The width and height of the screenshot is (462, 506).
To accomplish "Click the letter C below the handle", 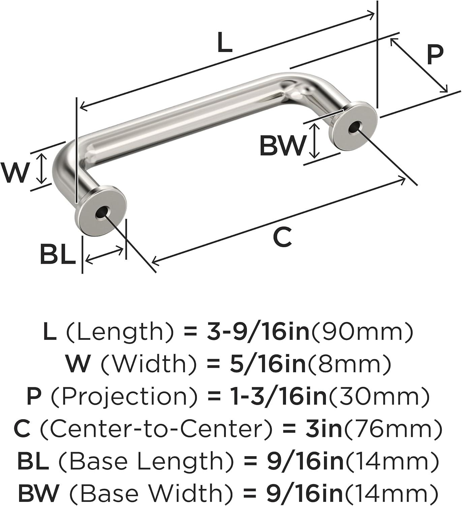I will (282, 237).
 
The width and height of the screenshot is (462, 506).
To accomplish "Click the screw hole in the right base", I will (353, 128).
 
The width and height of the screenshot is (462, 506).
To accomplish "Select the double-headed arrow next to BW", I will (314, 141).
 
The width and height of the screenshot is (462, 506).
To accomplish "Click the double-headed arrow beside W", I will (41, 168).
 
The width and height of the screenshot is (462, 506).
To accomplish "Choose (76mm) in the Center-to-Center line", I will (392, 428).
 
